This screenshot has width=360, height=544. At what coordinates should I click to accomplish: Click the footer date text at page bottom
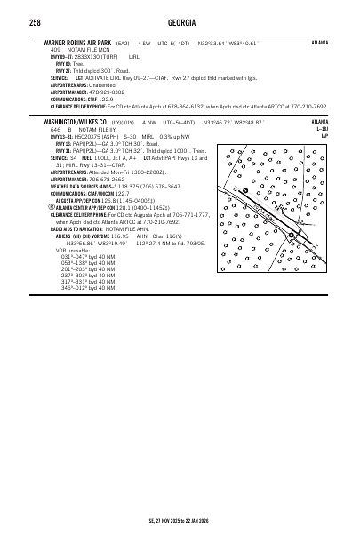coord(180,523)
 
